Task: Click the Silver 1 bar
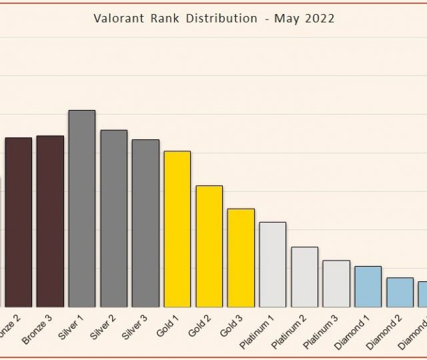coord(81,208)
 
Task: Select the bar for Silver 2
coord(113,218)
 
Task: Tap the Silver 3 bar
coord(145,223)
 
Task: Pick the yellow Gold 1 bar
coord(177,229)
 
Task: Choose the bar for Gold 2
coord(209,246)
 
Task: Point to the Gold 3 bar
coord(241,257)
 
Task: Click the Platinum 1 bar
coord(272,264)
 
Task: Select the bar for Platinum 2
coord(304,277)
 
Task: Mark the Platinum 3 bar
coord(336,283)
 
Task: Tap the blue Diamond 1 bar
coord(368,286)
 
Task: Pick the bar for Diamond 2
coord(400,292)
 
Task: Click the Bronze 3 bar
coord(50,221)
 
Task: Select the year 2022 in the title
coord(320,19)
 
